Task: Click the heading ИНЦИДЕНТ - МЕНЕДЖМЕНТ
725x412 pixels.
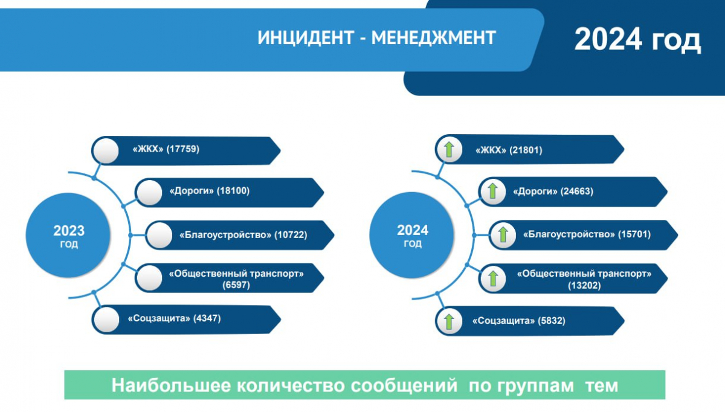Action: pos(377,38)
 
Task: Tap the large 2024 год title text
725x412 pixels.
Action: pos(637,39)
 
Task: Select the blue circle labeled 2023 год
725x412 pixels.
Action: pos(68,235)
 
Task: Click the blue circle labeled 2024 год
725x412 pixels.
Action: pos(412,235)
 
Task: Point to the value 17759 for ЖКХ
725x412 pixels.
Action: pos(183,149)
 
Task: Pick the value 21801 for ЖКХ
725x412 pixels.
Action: pos(526,150)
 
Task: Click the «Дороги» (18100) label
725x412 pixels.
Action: pos(210,191)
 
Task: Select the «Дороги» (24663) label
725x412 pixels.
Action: pos(553,192)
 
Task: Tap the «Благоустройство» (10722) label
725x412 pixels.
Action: pos(243,234)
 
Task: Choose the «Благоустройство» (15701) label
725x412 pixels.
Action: pos(587,234)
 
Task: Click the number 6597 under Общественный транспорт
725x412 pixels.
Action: pos(236,285)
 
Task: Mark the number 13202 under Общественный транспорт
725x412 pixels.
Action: pos(584,286)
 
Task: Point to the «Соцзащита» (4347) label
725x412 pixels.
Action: pos(175,318)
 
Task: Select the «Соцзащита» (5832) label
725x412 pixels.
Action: pos(519,321)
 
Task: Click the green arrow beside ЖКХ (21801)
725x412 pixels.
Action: pos(449,150)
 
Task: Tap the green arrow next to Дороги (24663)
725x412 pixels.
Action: pos(492,191)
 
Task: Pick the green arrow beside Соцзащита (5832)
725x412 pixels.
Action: pos(449,321)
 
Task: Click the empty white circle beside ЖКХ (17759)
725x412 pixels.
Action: pos(106,151)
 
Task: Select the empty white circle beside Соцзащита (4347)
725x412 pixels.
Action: pos(106,320)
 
